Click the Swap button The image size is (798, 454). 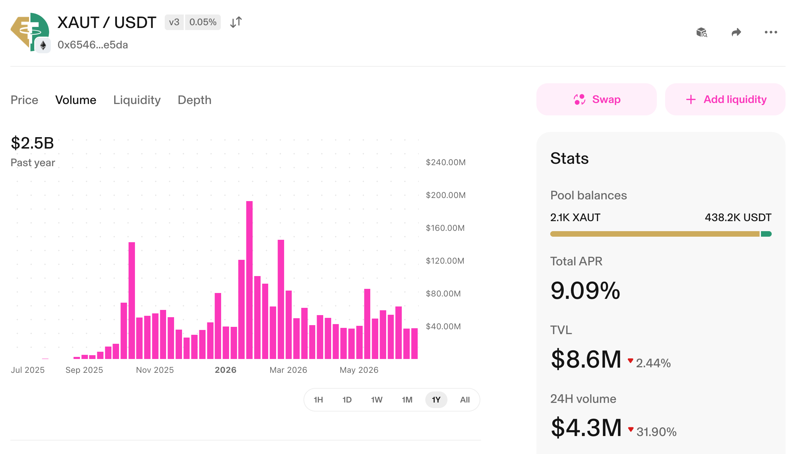(x=596, y=99)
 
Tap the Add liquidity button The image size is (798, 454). (x=725, y=99)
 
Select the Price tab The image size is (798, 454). (x=24, y=100)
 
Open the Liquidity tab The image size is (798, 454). (x=137, y=100)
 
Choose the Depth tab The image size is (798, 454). (x=194, y=100)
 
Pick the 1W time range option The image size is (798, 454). (x=377, y=400)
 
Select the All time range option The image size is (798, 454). (x=465, y=400)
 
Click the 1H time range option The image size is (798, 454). (x=318, y=400)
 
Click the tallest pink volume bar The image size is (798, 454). (x=249, y=280)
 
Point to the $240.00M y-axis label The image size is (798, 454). (x=446, y=162)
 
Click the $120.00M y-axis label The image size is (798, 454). (x=445, y=261)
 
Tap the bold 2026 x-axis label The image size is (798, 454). (x=226, y=370)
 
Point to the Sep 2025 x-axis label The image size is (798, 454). (x=84, y=370)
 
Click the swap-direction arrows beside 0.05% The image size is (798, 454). (x=236, y=22)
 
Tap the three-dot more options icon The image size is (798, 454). (x=771, y=32)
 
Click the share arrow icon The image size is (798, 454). (x=736, y=32)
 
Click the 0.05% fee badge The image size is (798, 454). (x=203, y=22)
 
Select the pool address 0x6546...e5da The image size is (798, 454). (x=93, y=45)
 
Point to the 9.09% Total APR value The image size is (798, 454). (x=585, y=290)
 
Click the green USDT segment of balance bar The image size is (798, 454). (x=766, y=234)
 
